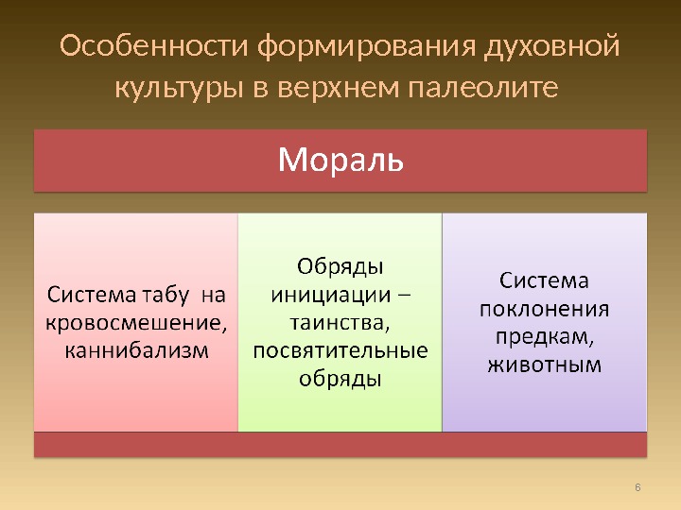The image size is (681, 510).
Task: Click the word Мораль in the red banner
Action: (340, 160)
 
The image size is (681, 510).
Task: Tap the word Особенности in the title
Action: (154, 46)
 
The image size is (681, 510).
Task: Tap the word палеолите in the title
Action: (483, 88)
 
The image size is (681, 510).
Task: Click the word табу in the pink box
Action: (166, 296)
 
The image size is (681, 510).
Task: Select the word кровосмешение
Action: (136, 324)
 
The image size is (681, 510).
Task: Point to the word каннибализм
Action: (137, 350)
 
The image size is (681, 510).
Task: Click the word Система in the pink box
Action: (92, 296)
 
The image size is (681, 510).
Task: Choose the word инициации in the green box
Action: (331, 296)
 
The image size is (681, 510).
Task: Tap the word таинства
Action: (340, 324)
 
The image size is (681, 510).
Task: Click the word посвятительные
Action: (340, 351)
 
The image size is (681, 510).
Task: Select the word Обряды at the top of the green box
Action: (340, 267)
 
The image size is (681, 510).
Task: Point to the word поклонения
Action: (544, 310)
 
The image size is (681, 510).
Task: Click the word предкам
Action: (544, 337)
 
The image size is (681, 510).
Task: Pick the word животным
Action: (544, 365)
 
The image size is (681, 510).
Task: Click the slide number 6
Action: (637, 487)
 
